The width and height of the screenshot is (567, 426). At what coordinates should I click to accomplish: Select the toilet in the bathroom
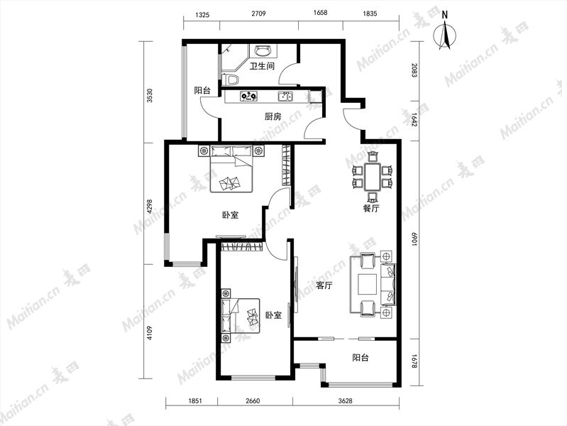tap(230, 79)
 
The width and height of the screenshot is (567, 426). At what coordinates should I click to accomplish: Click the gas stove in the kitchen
tap(249, 97)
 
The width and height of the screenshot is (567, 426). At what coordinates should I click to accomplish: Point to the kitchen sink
tap(285, 97)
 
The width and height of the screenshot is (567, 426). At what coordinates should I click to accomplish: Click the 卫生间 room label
tap(262, 66)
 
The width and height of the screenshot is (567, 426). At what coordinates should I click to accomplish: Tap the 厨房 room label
tap(273, 116)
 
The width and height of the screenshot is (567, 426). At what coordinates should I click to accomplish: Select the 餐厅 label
tap(371, 209)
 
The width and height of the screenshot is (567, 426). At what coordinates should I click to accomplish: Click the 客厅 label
tap(324, 285)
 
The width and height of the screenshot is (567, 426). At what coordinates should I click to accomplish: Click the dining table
tap(372, 177)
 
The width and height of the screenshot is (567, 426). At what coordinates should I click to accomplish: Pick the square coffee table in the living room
tap(368, 285)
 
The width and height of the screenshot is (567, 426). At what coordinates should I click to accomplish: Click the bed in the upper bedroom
tap(231, 169)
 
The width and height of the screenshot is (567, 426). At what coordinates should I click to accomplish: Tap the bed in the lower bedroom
tap(240, 316)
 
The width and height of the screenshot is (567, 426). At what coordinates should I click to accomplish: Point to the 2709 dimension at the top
tap(258, 13)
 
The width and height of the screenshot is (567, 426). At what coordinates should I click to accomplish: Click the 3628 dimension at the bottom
tap(346, 400)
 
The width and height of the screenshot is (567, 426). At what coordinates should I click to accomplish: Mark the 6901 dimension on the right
tap(414, 239)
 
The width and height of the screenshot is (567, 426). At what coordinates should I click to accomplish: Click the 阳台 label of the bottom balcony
tap(360, 358)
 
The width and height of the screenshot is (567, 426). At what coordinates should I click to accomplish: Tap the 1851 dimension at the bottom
tap(195, 400)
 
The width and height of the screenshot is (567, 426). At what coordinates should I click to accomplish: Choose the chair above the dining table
tap(373, 157)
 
